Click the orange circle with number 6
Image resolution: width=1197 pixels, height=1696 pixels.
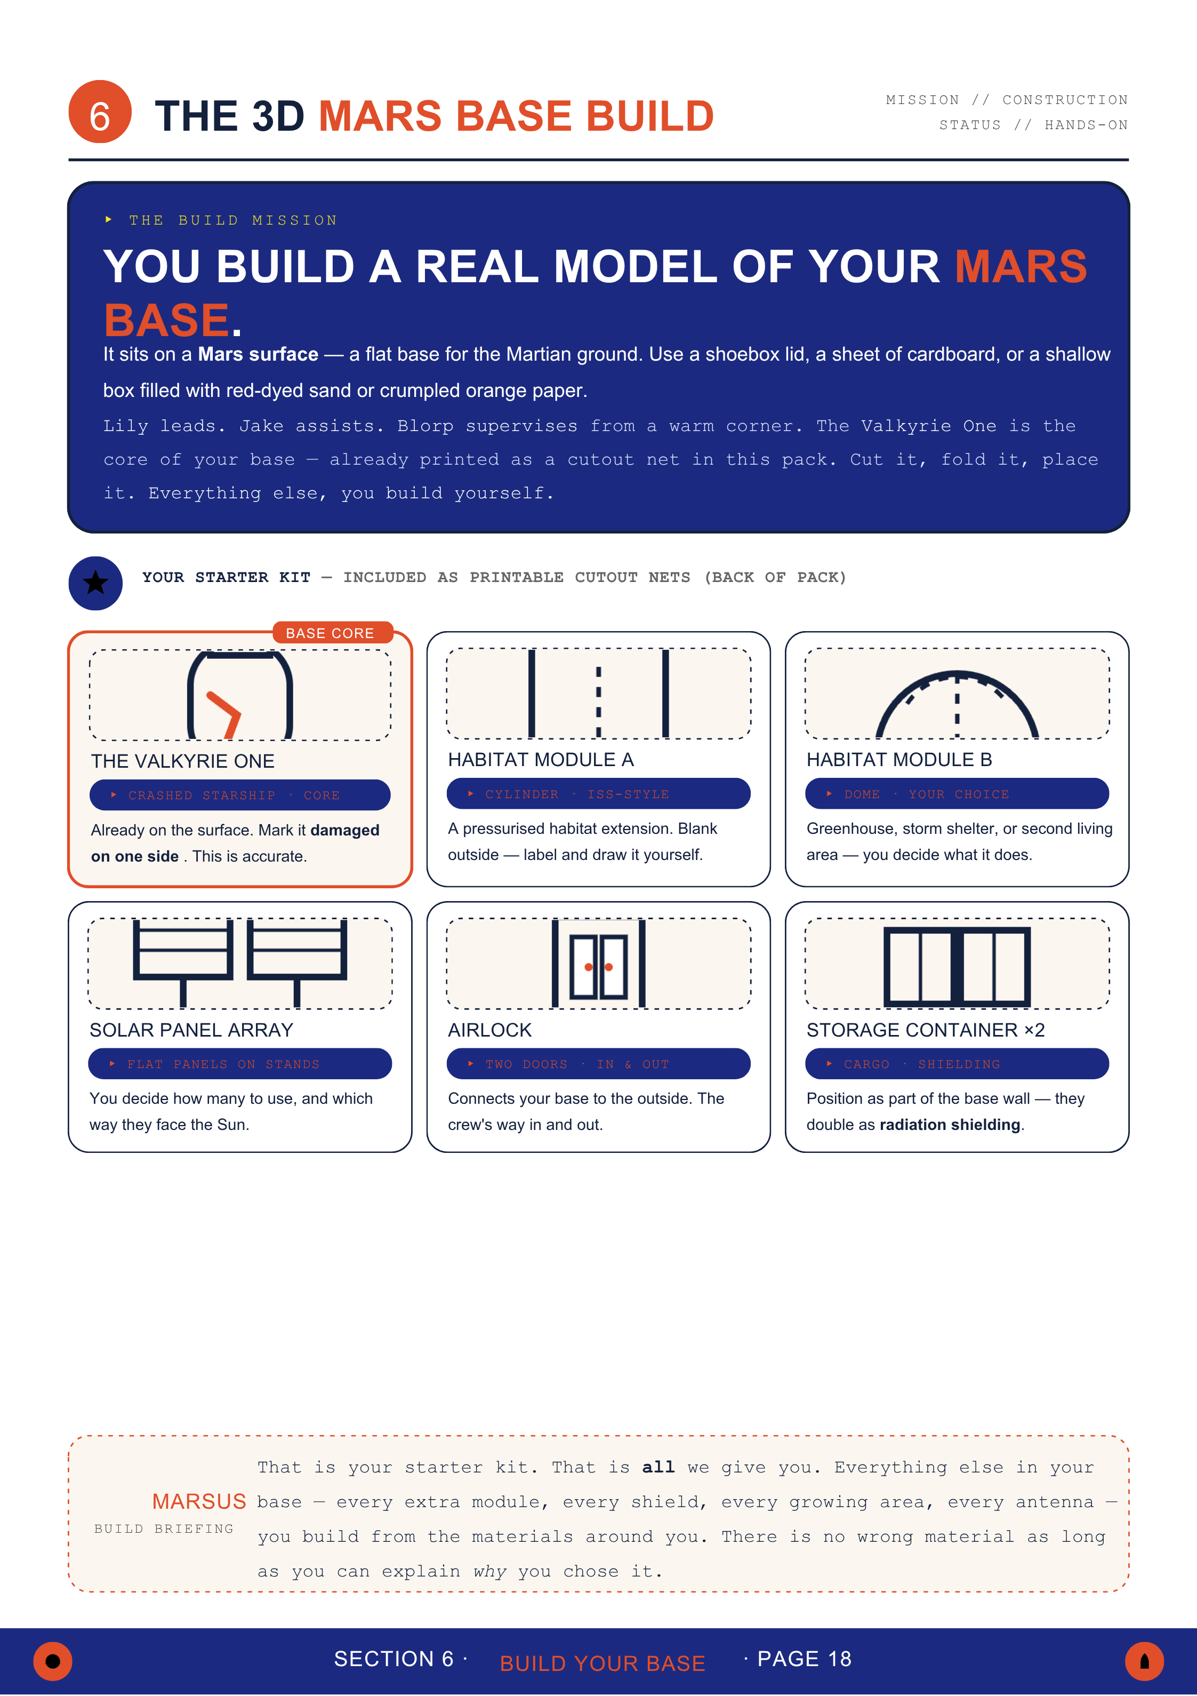click(100, 112)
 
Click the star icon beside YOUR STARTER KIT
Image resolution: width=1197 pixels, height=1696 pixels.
click(95, 583)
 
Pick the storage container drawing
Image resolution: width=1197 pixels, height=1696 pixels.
click(957, 966)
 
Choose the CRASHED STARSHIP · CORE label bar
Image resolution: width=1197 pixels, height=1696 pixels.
click(240, 795)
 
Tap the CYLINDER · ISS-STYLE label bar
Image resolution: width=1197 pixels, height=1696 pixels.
click(599, 793)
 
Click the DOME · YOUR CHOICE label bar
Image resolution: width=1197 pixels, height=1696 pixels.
click(957, 793)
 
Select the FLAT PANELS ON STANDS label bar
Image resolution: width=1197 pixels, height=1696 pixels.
click(240, 1064)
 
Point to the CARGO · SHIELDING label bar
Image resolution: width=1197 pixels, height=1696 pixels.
click(957, 1064)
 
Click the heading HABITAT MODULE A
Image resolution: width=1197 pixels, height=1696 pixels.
click(541, 759)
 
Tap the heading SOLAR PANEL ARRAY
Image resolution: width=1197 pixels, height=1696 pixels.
click(191, 1030)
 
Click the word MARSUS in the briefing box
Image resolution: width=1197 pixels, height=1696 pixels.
click(199, 1501)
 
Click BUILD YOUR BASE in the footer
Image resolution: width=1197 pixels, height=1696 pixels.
click(602, 1663)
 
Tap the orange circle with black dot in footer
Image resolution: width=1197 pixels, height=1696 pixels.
click(52, 1661)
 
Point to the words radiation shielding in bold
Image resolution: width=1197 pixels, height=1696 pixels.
click(950, 1124)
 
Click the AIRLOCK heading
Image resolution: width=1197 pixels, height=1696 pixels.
click(489, 1030)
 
